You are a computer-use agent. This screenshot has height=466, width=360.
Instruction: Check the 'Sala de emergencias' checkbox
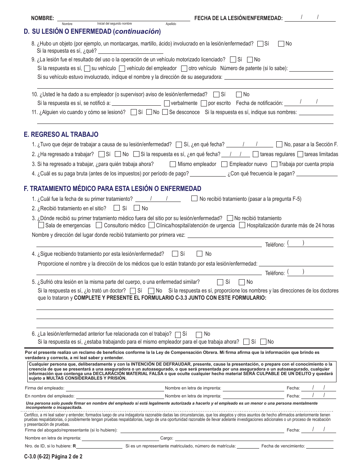coord(41,225)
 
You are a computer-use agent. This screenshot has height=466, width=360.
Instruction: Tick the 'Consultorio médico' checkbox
coord(99,225)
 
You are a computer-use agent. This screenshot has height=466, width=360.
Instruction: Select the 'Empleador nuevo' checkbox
coord(224,164)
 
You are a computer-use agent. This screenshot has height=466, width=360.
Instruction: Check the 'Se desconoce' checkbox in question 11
coord(164,112)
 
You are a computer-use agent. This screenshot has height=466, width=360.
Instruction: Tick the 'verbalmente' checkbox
coord(167,103)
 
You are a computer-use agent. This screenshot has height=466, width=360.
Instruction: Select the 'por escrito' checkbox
coord(204,103)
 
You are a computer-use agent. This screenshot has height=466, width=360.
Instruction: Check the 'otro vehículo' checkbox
coord(184,69)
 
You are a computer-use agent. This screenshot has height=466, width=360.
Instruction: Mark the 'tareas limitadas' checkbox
coord(300,154)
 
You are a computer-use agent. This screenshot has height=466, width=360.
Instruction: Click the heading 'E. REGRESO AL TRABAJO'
coord(61,134)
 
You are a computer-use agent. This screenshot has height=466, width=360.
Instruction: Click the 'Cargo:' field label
coord(167,438)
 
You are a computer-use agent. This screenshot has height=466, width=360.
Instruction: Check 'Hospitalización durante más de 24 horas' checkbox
coord(243,225)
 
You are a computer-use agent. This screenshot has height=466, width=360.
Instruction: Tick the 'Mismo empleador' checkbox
coord(173,164)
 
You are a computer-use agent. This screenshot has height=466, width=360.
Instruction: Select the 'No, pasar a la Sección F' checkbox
coord(279,144)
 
